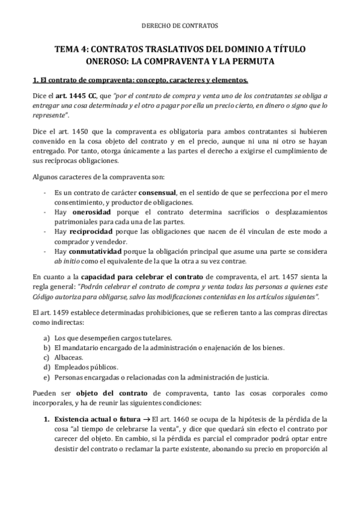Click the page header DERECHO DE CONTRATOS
pos(180,26)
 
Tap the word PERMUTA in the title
pos(271,61)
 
